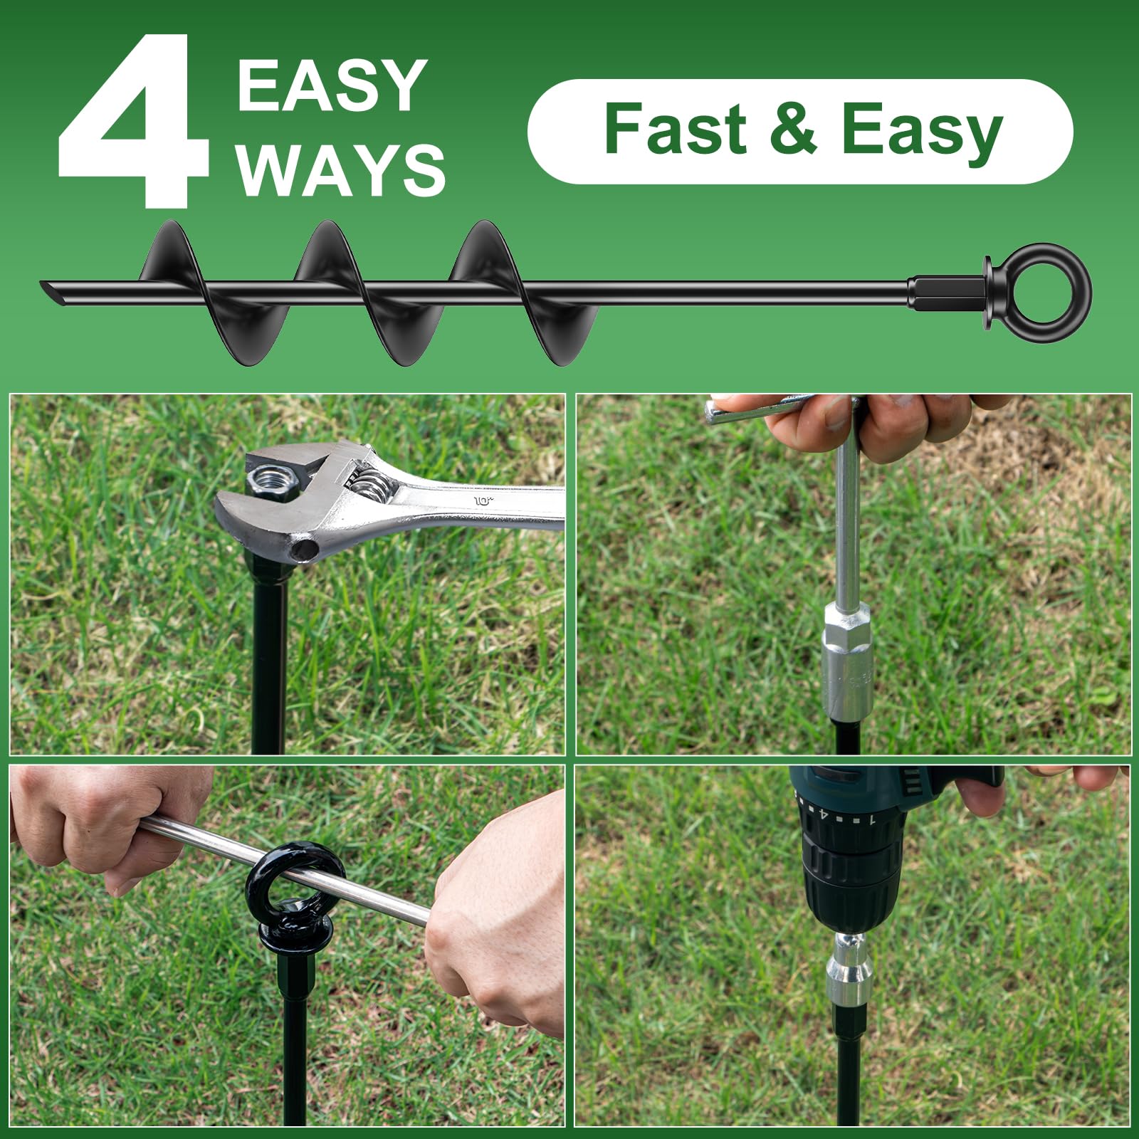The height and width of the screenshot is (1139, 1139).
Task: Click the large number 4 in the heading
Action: pos(134,121)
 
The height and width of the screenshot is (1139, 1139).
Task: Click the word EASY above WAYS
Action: pos(332,85)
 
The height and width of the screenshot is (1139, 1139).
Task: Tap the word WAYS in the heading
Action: pos(341,169)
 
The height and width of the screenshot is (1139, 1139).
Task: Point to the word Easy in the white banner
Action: pos(922,132)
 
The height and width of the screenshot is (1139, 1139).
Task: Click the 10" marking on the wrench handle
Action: pos(483,501)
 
